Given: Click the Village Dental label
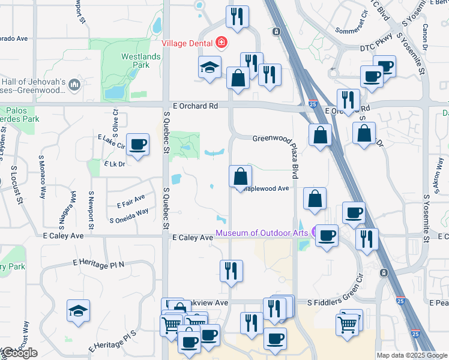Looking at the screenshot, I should [x=188, y=43].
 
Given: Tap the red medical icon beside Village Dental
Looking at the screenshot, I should [x=221, y=42].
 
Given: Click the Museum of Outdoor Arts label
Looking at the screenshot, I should [x=262, y=233].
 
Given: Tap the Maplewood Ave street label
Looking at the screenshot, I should [x=267, y=188].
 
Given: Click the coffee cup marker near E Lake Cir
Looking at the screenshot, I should [x=138, y=145].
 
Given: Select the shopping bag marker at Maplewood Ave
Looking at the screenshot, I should [x=240, y=177].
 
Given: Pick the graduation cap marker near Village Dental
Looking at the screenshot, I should [x=210, y=67].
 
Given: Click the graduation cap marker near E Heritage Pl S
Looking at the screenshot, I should [x=79, y=311].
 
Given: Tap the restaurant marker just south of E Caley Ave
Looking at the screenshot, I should [x=231, y=271].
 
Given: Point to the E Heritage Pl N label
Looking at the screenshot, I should [x=98, y=263].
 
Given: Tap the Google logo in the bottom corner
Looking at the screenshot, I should [x=19, y=353].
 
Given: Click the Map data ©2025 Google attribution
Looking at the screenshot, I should [x=412, y=355].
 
